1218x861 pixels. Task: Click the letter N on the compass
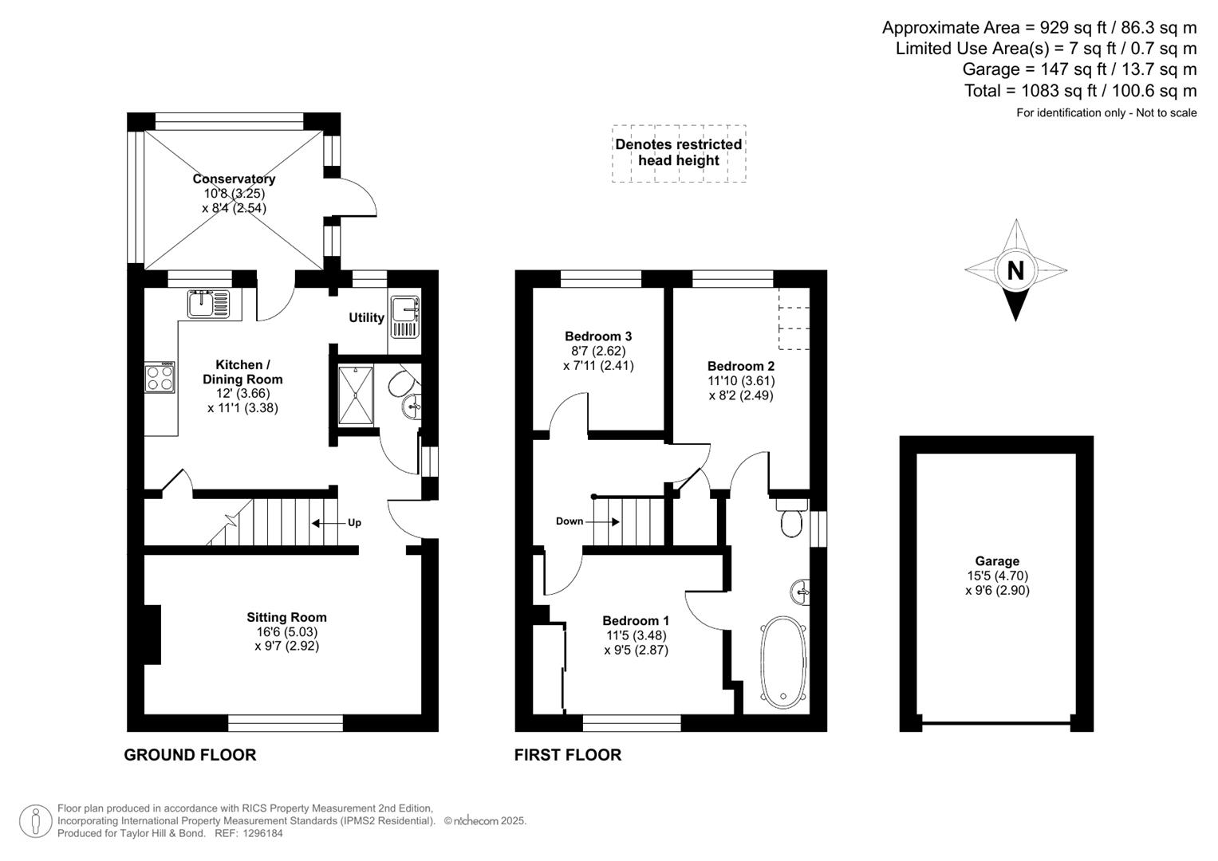tap(1015, 271)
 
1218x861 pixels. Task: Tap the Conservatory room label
tap(234, 179)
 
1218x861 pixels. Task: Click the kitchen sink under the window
tap(208, 304)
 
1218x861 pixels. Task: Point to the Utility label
tap(366, 317)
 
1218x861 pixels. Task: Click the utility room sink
tap(405, 316)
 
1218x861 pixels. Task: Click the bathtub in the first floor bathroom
tap(783, 663)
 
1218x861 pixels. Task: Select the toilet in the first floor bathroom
tap(791, 519)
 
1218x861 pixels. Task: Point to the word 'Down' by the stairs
tap(570, 521)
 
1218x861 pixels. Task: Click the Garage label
tap(997, 561)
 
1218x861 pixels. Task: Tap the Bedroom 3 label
tap(598, 336)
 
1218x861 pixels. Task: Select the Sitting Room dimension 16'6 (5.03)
tap(286, 631)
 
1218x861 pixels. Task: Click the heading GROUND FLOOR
tap(190, 755)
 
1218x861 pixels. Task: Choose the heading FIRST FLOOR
tap(567, 755)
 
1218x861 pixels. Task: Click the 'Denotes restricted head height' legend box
tap(679, 153)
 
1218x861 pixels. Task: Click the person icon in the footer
tap(36, 821)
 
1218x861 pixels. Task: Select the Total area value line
tap(1080, 91)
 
